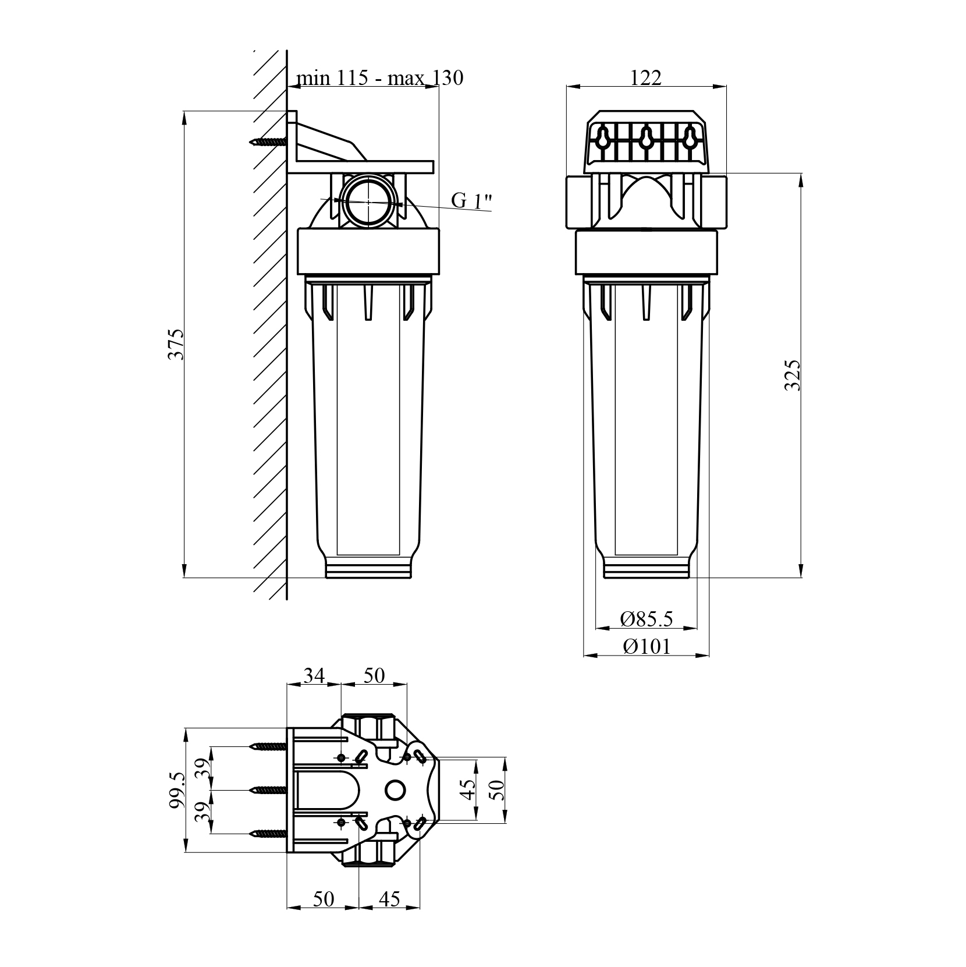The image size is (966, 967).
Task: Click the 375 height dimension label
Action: pyautogui.click(x=176, y=344)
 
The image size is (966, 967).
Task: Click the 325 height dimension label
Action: pyautogui.click(x=793, y=375)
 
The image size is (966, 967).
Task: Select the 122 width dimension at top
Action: pyautogui.click(x=646, y=77)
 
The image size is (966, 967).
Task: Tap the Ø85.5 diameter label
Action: pyautogui.click(x=646, y=618)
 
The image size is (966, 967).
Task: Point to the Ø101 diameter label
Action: pyautogui.click(x=646, y=646)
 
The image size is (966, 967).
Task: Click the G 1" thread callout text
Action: pyautogui.click(x=471, y=201)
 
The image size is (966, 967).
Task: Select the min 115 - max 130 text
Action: pyautogui.click(x=379, y=77)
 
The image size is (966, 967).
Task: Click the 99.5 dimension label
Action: pyautogui.click(x=176, y=790)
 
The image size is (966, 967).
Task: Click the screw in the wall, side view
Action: pyautogui.click(x=268, y=141)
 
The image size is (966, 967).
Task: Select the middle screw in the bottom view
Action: pyautogui.click(x=268, y=790)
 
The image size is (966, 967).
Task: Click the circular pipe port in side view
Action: pyautogui.click(x=368, y=201)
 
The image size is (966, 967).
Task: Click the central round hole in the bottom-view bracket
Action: pyautogui.click(x=396, y=790)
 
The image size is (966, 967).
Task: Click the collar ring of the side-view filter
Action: pyautogui.click(x=368, y=252)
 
